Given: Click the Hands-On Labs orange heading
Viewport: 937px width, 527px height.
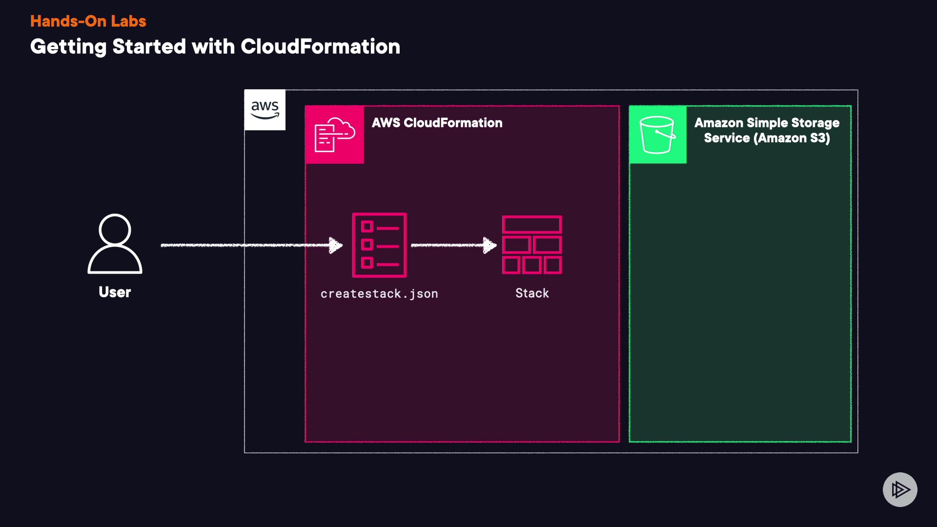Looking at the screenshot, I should point(88,21).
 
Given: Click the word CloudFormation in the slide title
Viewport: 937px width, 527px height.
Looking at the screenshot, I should point(320,47).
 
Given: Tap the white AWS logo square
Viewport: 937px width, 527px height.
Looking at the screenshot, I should point(265,110).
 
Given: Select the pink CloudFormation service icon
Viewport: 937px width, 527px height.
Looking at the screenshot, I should point(335,135).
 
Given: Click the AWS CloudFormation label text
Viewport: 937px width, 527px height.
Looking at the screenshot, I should point(437,122).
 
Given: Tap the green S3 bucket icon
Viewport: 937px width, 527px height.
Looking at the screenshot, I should point(657,135).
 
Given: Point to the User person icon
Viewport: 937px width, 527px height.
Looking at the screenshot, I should point(115,244).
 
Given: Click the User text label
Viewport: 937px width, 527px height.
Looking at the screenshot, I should point(115,292).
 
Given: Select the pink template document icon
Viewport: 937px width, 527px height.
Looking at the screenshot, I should point(379,245).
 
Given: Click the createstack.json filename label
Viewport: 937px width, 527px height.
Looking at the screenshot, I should point(379,294).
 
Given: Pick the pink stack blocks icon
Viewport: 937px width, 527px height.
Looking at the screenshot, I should point(532,245).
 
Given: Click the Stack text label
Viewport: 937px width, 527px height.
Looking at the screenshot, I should point(532,293).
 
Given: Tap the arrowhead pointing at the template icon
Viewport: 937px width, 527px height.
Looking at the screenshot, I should point(336,245).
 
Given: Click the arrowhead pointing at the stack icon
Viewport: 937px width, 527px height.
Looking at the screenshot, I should point(489,245).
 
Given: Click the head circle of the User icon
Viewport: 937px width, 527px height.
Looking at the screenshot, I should point(115,229).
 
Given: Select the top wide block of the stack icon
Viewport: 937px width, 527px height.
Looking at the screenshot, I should point(532,224).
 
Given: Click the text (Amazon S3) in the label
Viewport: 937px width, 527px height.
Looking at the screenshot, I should point(792,138).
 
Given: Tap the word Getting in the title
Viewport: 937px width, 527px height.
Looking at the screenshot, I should point(68,47).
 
